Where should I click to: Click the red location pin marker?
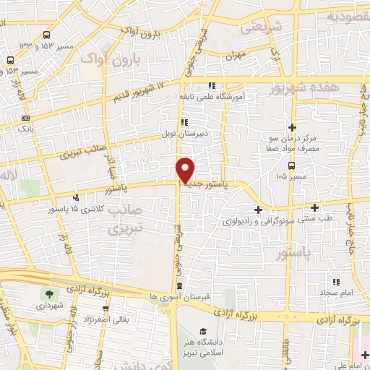(x=186, y=170)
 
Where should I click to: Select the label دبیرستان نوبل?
(x=205, y=134)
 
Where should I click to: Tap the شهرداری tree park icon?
(x=49, y=294)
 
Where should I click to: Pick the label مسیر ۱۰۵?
(x=292, y=175)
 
